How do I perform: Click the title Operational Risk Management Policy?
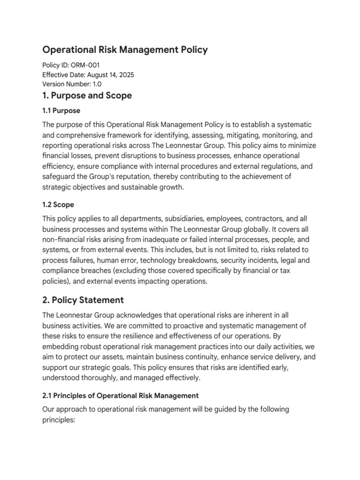(125, 49)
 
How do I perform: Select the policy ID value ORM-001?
(85, 65)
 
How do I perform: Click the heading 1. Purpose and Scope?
(87, 96)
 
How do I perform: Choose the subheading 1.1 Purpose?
(61, 111)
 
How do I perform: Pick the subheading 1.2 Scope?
(58, 205)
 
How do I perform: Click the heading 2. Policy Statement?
(83, 300)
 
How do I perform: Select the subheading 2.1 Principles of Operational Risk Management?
(120, 395)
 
